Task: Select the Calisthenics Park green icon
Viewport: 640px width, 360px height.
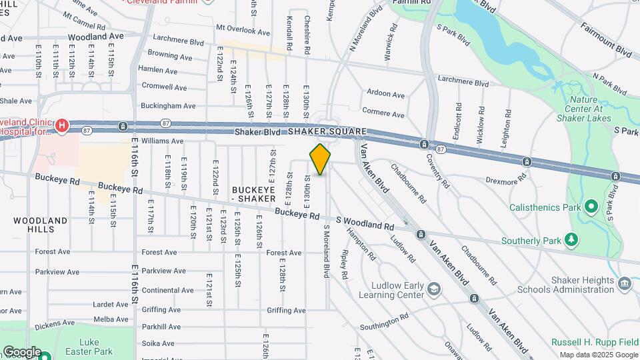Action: point(590,206)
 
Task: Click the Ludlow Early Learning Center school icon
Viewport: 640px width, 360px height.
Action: point(434,289)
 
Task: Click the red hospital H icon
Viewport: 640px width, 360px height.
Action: point(62,125)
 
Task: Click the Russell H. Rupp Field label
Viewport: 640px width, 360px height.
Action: point(595,342)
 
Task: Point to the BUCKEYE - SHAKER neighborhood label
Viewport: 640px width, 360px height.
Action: point(254,194)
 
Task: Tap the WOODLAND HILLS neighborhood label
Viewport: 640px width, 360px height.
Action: point(41,225)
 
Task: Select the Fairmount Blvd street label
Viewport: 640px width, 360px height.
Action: point(605,41)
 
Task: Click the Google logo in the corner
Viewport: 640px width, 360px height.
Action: point(22,351)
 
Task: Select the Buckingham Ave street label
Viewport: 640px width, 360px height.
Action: point(168,105)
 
